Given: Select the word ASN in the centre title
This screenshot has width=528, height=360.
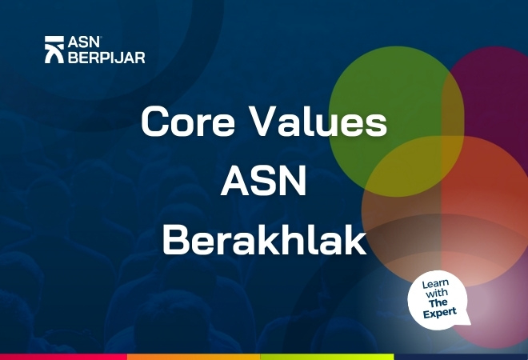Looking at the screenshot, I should tap(263, 183).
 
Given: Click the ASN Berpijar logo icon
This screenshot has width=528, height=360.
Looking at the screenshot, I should tap(55, 50).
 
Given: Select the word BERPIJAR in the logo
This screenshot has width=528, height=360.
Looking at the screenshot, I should tap(106, 57).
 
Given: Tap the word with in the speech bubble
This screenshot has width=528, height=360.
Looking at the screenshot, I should tap(437, 294).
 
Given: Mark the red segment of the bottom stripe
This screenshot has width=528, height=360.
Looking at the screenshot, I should tap(64, 356).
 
